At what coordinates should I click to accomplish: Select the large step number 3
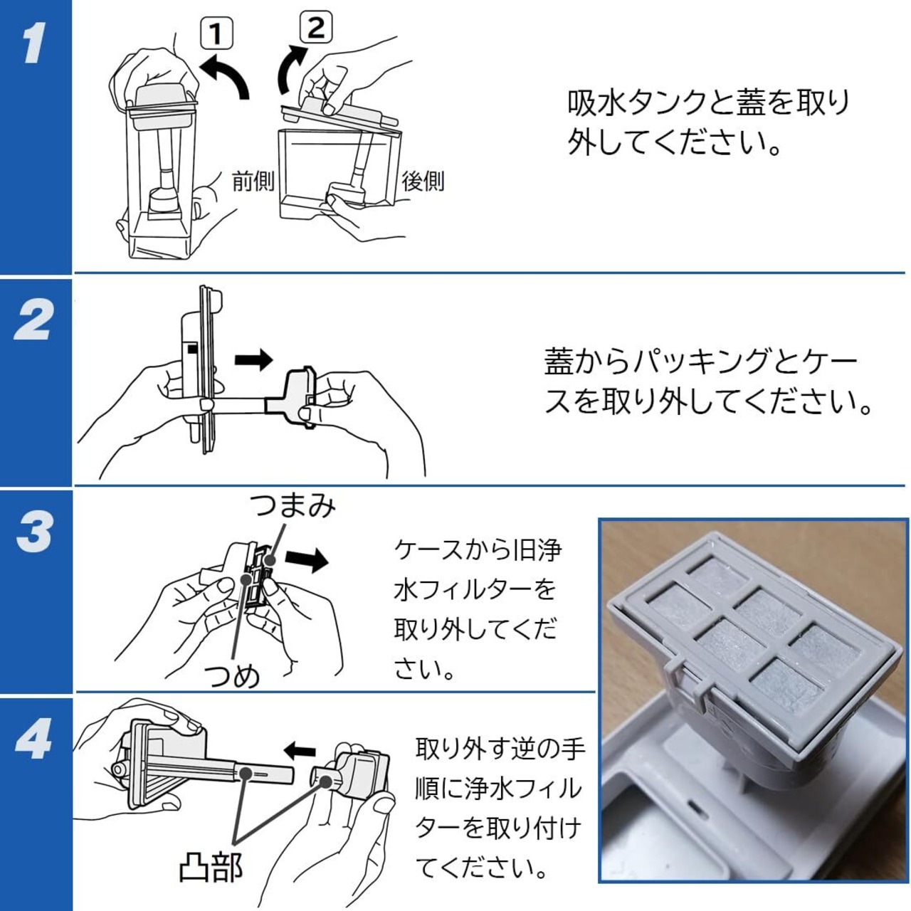(33, 531)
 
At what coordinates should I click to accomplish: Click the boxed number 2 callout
(315, 28)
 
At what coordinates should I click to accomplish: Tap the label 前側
(253, 181)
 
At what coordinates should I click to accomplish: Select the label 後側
(423, 181)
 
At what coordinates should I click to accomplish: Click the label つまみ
(292, 506)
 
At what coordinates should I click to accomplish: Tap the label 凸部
(211, 867)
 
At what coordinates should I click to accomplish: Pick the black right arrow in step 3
(307, 560)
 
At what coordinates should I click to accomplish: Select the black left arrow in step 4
(300, 749)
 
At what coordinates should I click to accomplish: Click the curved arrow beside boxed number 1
(226, 77)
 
